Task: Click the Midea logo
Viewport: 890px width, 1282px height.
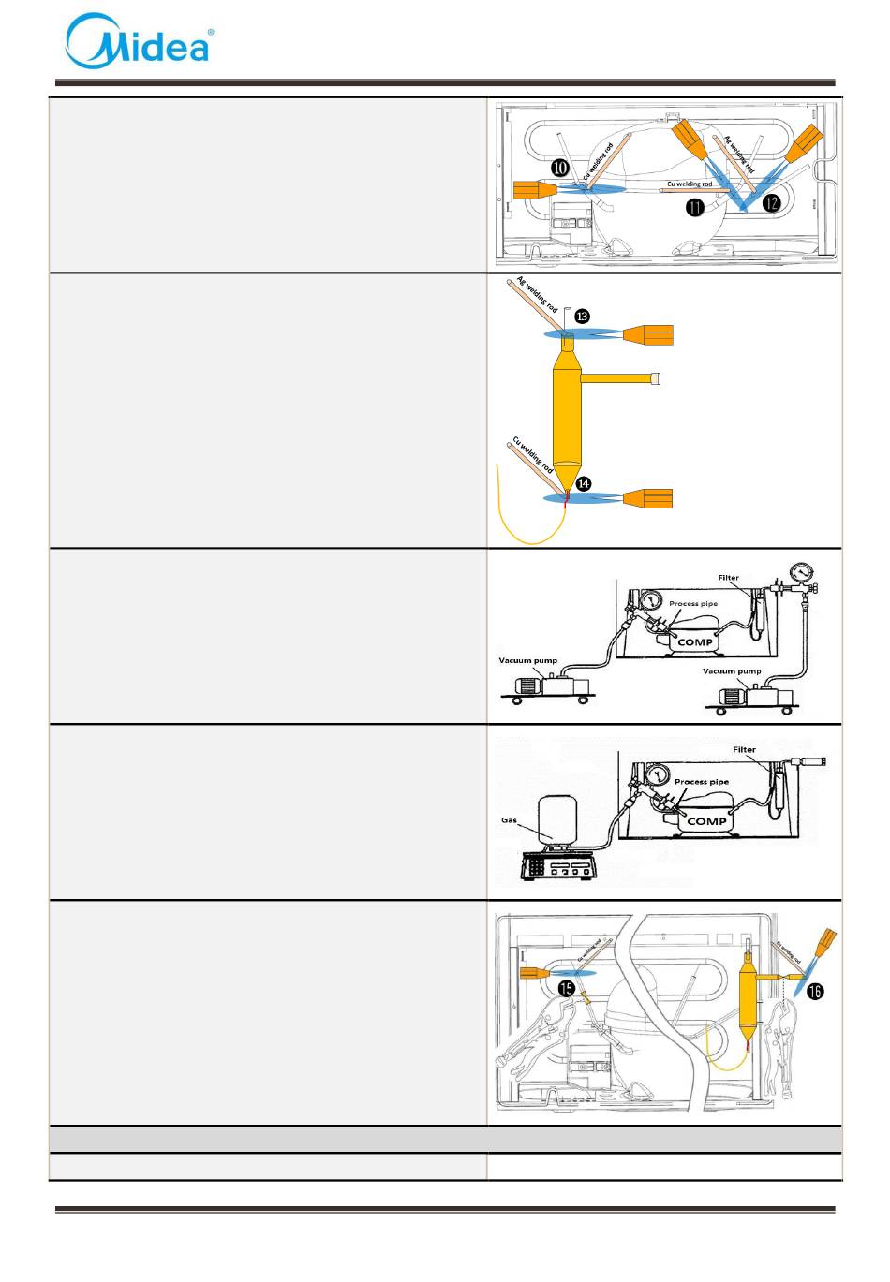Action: coord(139,40)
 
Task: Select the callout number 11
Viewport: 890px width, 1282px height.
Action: coord(694,207)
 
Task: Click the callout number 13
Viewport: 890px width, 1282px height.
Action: coord(582,317)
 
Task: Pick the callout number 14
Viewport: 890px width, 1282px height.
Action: coord(583,483)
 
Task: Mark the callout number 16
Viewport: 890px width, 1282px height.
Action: coord(817,992)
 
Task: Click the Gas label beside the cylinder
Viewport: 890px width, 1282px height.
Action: coord(509,820)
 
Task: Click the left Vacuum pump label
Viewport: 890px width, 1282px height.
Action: coord(526,660)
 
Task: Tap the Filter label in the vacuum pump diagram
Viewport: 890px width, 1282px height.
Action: coord(731,579)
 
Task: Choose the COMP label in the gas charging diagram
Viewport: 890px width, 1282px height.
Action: coord(706,820)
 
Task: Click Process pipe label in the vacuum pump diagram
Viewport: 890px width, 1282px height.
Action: coord(693,604)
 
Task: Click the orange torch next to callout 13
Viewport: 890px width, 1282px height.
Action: coord(647,334)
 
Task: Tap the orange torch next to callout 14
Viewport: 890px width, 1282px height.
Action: coord(647,498)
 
